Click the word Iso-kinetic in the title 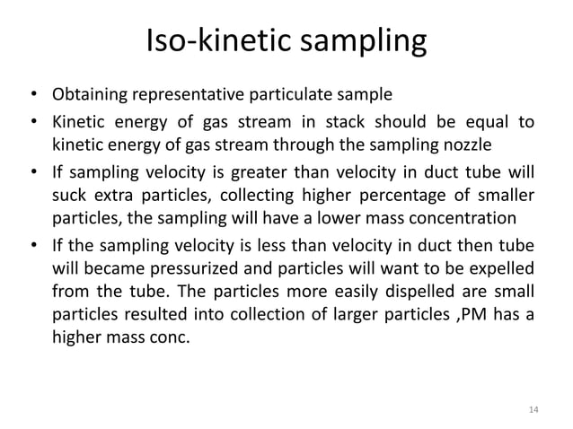click(x=209, y=42)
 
